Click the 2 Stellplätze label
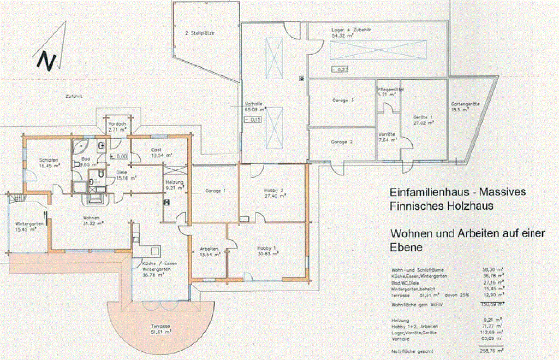click(199, 33)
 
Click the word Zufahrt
click(73, 97)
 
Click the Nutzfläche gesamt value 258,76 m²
click(492, 352)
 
